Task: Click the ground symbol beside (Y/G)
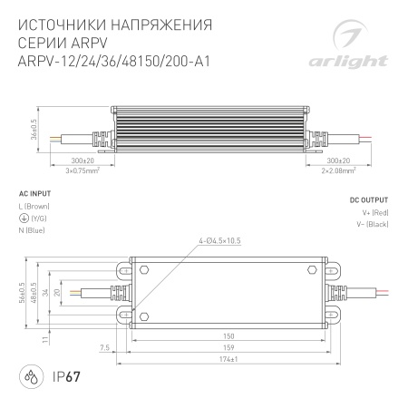[22, 219]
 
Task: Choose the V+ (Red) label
[373, 213]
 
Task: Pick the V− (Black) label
[371, 224]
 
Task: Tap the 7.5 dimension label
[105, 346]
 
